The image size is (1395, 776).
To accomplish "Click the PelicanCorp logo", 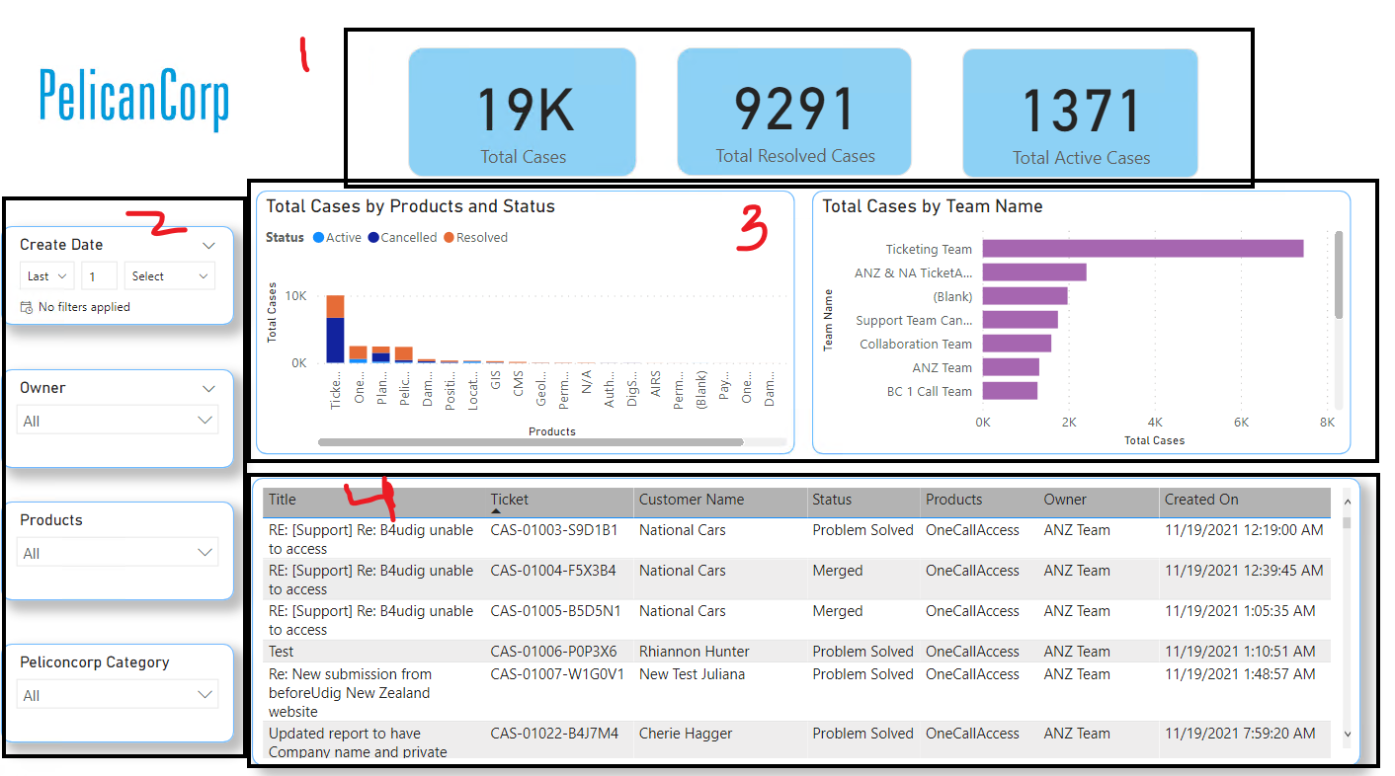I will pos(134,99).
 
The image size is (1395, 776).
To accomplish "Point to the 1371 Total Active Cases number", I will pos(1081,110).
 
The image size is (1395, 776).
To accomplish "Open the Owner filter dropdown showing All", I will pos(118,421).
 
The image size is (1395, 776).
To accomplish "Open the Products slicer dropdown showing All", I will pos(118,553).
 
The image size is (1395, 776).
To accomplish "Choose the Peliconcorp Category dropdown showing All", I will pos(118,695).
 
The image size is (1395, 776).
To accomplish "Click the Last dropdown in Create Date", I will pos(46,276).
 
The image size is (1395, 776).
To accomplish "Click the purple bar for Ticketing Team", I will pos(1142,249).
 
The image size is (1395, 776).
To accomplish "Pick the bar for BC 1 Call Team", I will pos(1010,391).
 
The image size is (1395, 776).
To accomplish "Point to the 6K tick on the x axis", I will pos(1241,422).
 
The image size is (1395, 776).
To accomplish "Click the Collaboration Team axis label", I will pos(915,344).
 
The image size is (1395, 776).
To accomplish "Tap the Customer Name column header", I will pos(691,500).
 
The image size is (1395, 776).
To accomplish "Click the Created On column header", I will pos(1200,500).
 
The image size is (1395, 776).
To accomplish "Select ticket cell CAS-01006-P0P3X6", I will pos(553,652).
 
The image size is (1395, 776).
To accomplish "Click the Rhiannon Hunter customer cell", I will pos(694,652).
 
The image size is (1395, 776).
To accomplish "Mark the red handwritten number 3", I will pos(754,233).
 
